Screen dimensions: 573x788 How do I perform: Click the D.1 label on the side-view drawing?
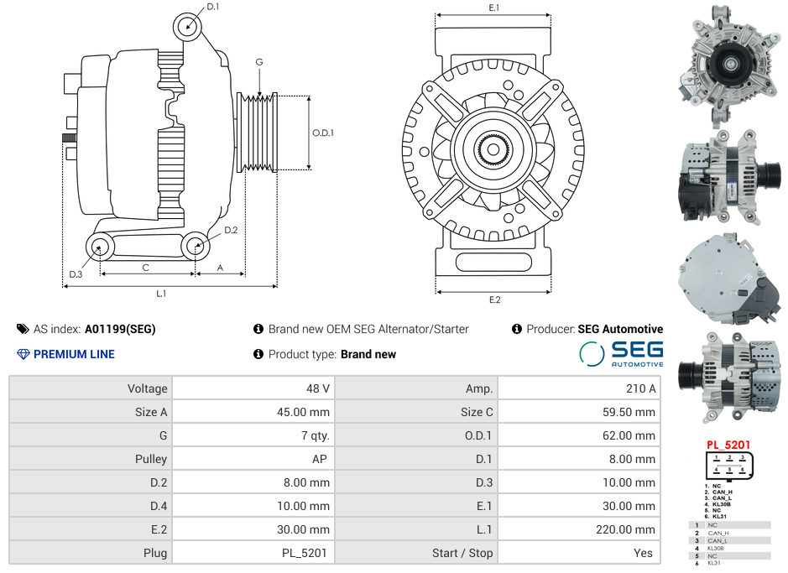pyautogui.click(x=212, y=7)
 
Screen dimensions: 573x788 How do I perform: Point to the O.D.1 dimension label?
pyautogui.click(x=323, y=133)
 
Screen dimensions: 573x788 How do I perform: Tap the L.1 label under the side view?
pyautogui.click(x=161, y=294)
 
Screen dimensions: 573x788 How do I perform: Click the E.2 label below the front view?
pyautogui.click(x=494, y=300)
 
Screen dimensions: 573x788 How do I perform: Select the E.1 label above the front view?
pyautogui.click(x=494, y=8)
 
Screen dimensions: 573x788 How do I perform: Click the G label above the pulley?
pyautogui.click(x=259, y=63)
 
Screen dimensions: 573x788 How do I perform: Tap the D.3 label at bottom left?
pyautogui.click(x=76, y=274)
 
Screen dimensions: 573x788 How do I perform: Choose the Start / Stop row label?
pyautogui.click(x=462, y=553)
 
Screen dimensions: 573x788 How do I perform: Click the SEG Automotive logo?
pyautogui.click(x=621, y=353)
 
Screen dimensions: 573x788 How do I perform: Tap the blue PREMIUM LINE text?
pyautogui.click(x=74, y=354)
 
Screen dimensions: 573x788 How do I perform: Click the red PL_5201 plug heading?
pyautogui.click(x=728, y=445)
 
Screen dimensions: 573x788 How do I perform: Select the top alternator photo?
pyautogui.click(x=728, y=63)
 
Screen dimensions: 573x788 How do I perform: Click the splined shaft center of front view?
pyautogui.click(x=494, y=151)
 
